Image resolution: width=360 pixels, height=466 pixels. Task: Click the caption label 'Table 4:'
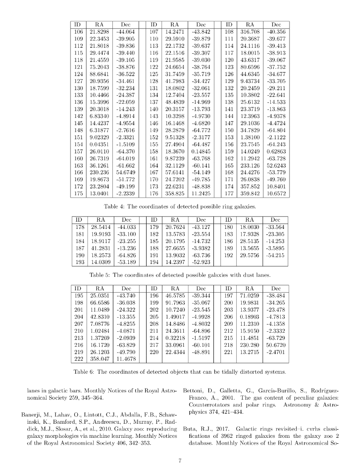115,206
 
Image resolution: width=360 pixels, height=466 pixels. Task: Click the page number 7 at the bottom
180,461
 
